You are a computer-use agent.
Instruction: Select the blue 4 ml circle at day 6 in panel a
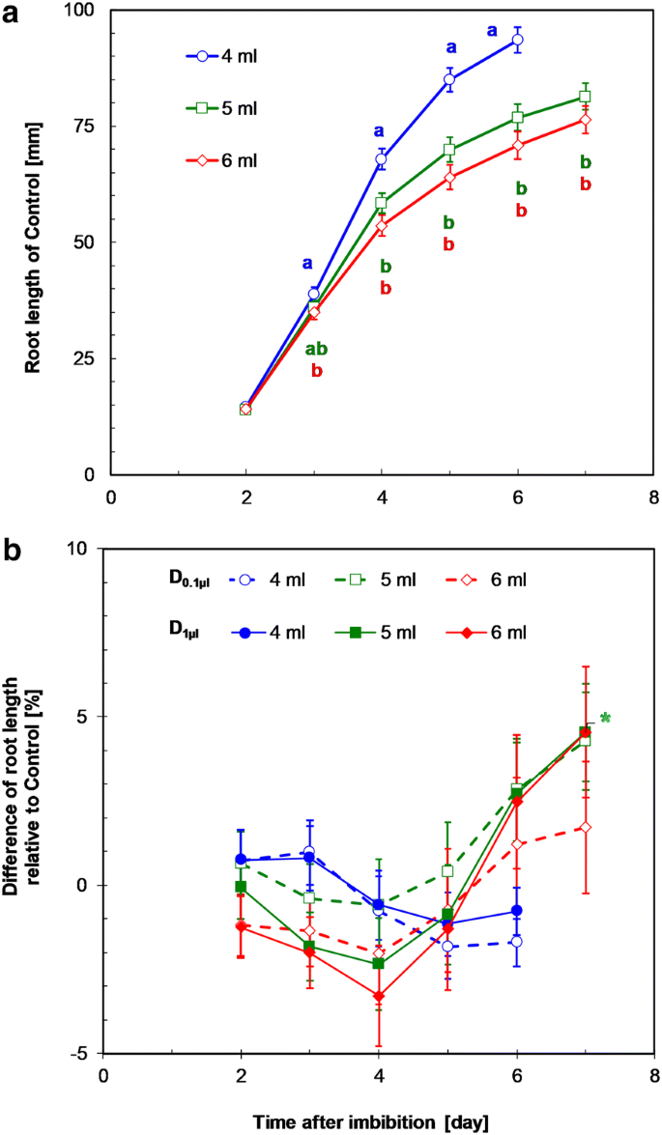click(x=517, y=40)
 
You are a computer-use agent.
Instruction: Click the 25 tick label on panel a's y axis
click(x=85, y=358)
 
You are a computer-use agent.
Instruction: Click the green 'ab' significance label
click(x=316, y=350)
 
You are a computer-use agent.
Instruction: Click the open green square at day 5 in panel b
click(x=448, y=870)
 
